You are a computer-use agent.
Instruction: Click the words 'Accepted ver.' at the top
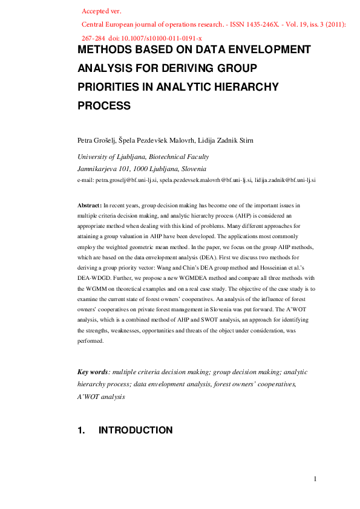pos(100,11)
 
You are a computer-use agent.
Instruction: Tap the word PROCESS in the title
pos(104,105)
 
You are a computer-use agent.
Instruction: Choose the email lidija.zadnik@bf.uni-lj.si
pos(286,180)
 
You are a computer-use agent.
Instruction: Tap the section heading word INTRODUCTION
pos(135,430)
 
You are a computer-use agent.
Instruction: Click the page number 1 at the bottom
pos(315,479)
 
